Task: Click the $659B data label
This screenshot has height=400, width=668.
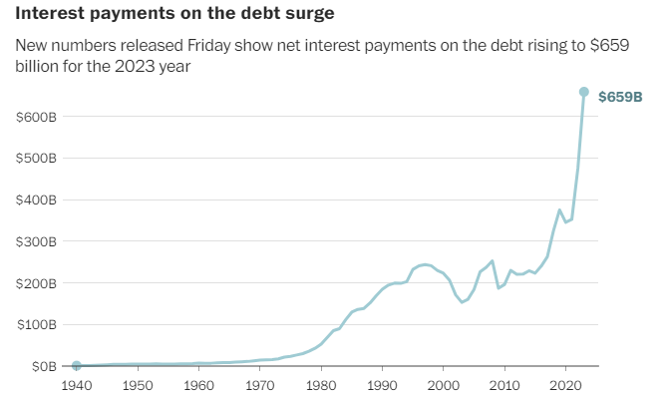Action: pos(620,97)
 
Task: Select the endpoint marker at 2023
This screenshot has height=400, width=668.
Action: pos(584,92)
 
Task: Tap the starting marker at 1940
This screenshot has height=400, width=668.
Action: pos(77,366)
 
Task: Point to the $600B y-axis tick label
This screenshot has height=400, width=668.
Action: pos(36,117)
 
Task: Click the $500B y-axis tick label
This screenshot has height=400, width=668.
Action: pos(36,159)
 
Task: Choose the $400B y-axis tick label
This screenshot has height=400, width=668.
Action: pos(36,200)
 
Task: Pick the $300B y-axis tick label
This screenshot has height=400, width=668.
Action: pos(36,242)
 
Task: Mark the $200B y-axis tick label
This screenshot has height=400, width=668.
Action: pos(36,284)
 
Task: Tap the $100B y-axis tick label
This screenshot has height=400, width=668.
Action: pos(36,325)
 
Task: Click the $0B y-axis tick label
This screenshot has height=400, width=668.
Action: pos(42,367)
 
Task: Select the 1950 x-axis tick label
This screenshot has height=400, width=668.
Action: pos(138,385)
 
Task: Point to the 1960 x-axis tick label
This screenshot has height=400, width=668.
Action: pos(198,385)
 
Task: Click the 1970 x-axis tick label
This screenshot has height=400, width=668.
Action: pos(260,385)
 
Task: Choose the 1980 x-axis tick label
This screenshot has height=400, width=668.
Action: pos(321,385)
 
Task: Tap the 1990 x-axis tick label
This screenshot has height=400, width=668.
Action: pos(382,385)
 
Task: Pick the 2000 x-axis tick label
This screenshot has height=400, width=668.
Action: pos(443,385)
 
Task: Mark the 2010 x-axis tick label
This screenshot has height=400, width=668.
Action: pos(504,385)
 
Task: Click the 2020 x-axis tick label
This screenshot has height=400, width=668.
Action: pos(565,385)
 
